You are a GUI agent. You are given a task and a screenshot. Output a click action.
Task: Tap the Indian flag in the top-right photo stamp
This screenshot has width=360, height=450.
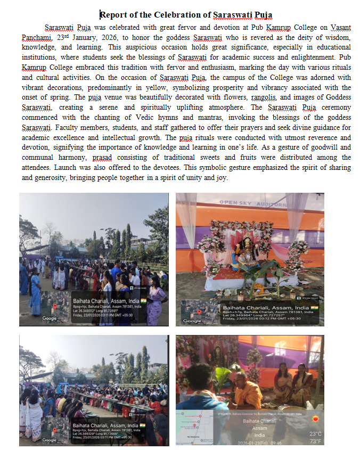pos(315,307)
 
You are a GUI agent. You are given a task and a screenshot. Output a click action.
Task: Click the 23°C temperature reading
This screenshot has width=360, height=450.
pos(316,433)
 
